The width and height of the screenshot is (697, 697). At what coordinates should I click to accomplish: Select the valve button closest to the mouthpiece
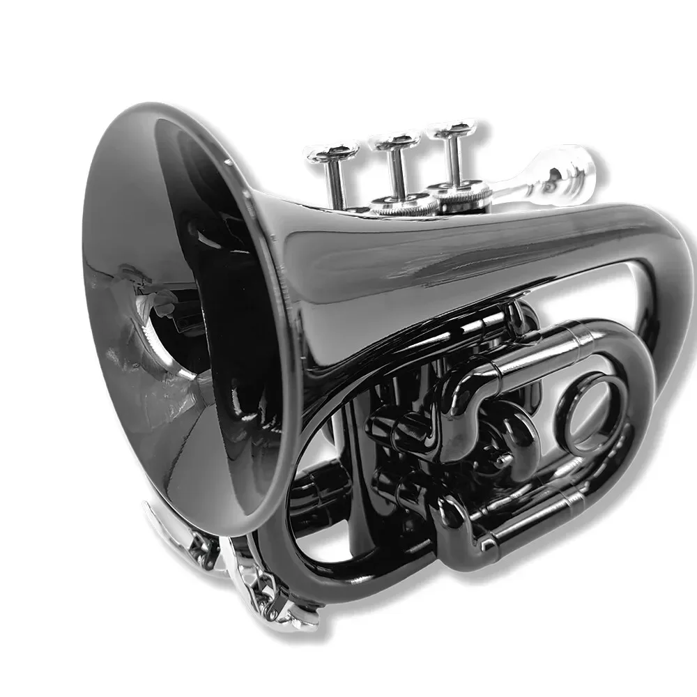coord(452,130)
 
